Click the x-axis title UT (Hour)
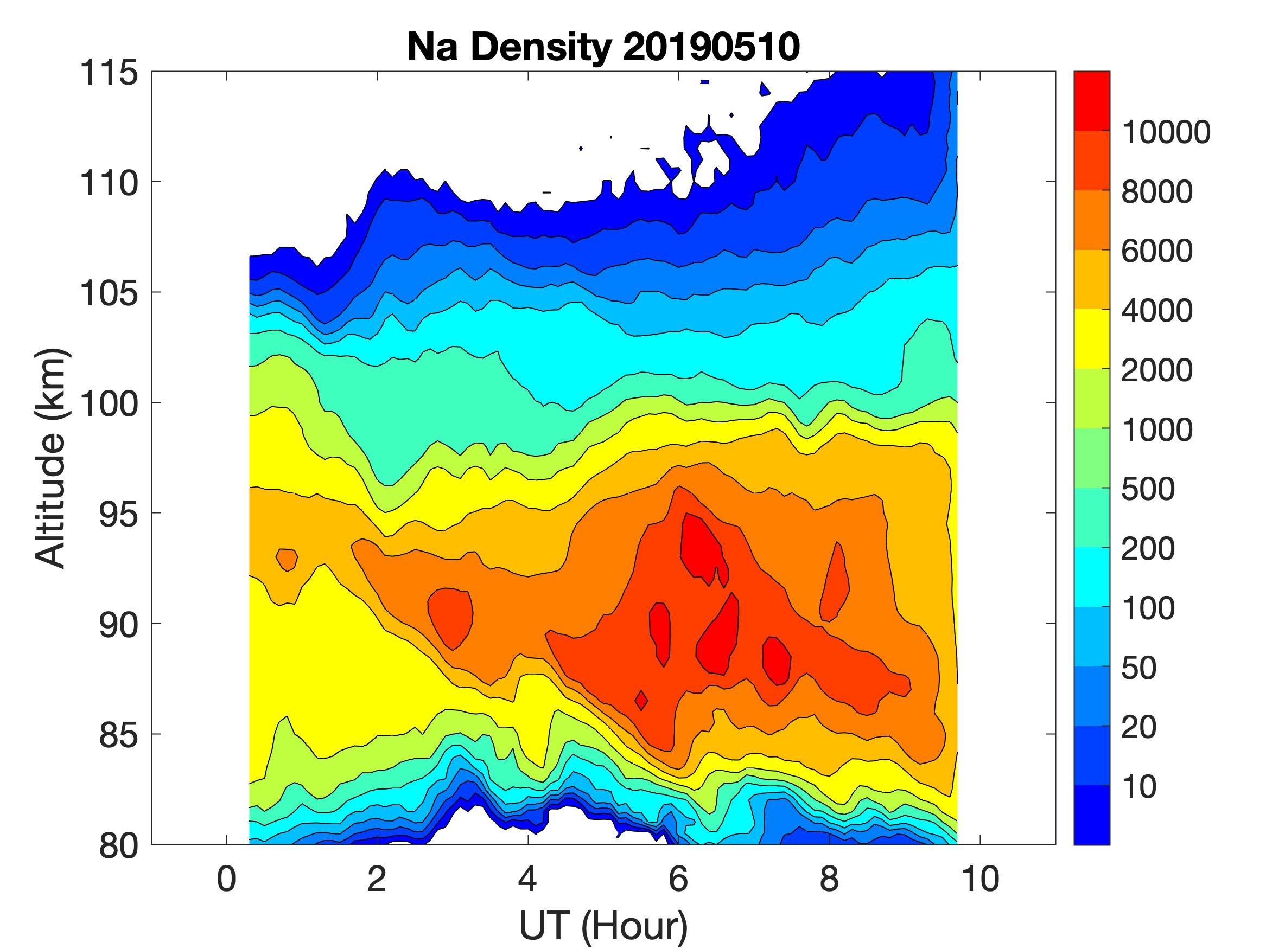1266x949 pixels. coord(603,926)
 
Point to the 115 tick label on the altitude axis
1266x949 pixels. coord(109,73)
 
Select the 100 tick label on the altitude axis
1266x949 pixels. coord(109,404)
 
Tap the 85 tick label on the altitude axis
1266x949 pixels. coord(118,735)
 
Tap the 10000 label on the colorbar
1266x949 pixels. coord(1165,133)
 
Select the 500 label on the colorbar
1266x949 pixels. coord(1148,490)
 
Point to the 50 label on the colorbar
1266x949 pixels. coord(1139,668)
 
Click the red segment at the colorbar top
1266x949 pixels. coord(1091,101)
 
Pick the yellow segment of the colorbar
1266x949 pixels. coord(1091,338)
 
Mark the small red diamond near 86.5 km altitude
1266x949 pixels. coord(641,700)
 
